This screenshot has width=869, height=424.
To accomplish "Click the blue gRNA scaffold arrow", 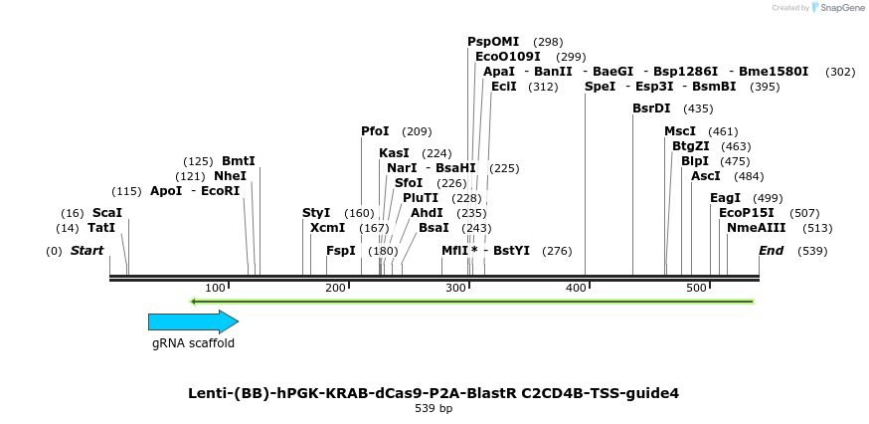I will [193, 321].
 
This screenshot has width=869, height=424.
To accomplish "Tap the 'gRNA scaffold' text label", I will [193, 343].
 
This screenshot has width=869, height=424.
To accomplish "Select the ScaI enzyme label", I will [106, 213].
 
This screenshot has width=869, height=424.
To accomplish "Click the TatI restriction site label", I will [101, 228].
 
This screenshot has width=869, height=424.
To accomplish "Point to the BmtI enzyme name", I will [238, 161].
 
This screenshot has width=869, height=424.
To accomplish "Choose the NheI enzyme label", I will [230, 176].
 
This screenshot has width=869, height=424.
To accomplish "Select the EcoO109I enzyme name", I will [508, 57].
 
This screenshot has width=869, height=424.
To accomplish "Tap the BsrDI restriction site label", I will [651, 108].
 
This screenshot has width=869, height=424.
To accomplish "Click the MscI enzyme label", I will [680, 131].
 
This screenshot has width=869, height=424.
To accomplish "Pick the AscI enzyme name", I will [705, 176].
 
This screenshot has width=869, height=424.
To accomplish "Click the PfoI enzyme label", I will [375, 131].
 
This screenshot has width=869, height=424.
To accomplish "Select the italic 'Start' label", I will [87, 251].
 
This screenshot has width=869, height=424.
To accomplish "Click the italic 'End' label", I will [771, 251].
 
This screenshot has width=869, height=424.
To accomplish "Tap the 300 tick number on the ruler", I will [455, 288].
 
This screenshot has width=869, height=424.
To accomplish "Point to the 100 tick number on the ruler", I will [215, 288].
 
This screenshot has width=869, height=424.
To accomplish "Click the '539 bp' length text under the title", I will [434, 409].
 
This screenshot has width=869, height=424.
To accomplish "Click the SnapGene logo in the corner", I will [838, 8].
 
